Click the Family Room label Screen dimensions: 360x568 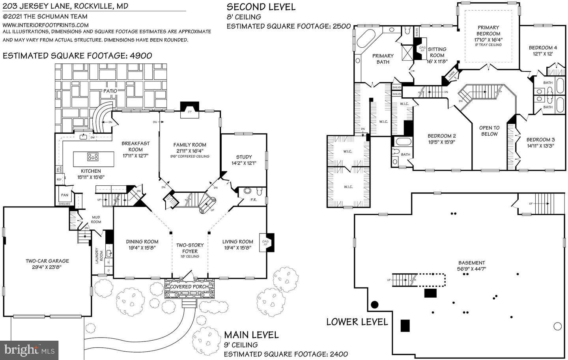coord(190,145)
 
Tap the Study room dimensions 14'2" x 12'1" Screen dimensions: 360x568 coord(244,163)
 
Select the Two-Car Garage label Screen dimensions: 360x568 coord(47,261)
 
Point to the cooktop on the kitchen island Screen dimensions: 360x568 coord(93,157)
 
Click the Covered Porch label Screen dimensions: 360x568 coord(190,287)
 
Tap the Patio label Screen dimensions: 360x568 coord(110,91)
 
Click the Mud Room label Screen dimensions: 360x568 coord(96,219)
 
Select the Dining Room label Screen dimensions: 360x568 coord(142,242)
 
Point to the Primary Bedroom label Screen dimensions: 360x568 coord(488,30)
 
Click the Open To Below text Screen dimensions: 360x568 coord(489,131)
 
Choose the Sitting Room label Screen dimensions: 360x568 coord(437,52)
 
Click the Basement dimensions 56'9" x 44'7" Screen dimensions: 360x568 coord(471,269)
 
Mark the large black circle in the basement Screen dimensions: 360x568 coord(374,304)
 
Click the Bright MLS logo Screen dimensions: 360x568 coord(29,350)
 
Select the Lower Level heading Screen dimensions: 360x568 coord(357,322)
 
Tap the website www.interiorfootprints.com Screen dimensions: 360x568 coord(46,24)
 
